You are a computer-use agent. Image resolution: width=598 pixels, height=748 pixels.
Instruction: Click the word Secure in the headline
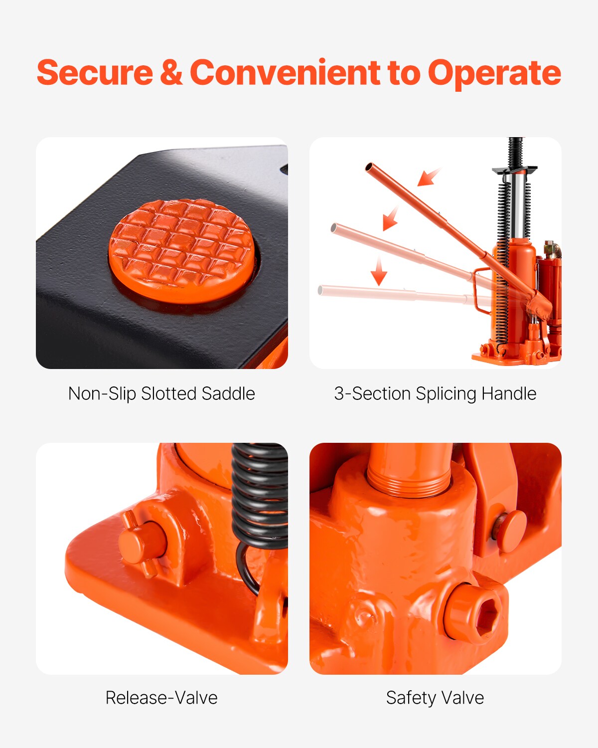[x=95, y=73]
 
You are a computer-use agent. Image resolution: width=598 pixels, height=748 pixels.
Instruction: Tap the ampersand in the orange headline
[x=171, y=73]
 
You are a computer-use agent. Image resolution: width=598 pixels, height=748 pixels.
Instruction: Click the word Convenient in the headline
[x=285, y=73]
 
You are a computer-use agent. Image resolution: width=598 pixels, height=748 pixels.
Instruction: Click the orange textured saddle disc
[x=182, y=249]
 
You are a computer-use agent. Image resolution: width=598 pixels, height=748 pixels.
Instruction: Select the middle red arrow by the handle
[x=390, y=218]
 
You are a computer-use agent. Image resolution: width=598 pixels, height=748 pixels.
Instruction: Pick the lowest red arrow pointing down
[x=379, y=271]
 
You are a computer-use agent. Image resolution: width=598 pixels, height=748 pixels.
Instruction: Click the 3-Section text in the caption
[x=373, y=394]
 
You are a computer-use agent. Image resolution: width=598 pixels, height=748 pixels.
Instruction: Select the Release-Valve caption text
[x=161, y=698]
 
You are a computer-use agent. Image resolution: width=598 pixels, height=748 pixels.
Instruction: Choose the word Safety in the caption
[x=411, y=698]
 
